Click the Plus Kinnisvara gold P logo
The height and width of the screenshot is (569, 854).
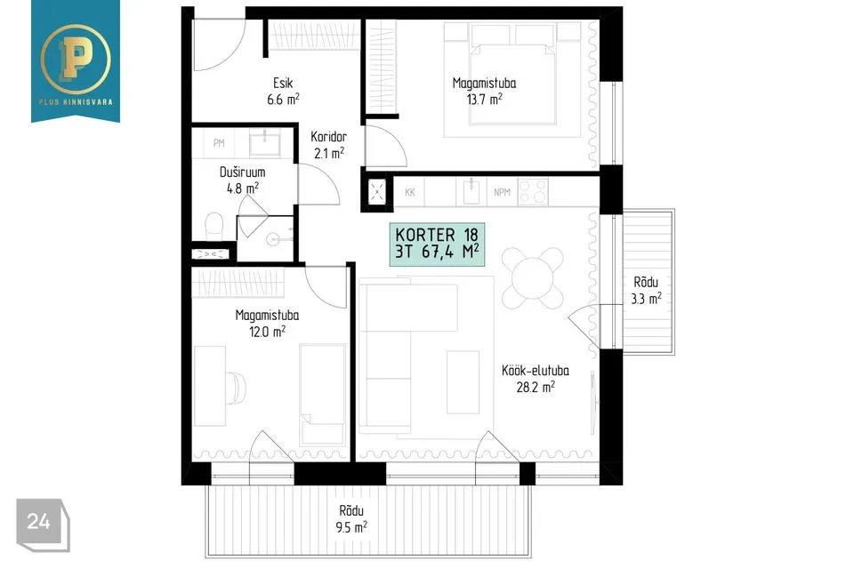[75, 58]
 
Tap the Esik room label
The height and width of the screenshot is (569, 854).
[283, 83]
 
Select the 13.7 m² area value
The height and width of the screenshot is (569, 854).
[484, 99]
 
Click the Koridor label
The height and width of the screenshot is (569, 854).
[328, 137]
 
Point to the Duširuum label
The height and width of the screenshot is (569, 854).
[242, 172]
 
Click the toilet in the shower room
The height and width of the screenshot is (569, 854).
[214, 226]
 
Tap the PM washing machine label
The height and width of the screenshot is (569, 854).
[219, 143]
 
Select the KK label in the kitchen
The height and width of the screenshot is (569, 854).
[410, 192]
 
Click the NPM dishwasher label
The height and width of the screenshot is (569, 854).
[502, 192]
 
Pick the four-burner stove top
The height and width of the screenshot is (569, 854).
[533, 192]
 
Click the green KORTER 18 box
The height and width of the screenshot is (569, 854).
[437, 244]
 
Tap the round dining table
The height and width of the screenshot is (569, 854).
[533, 278]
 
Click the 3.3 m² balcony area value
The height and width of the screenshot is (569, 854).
[647, 299]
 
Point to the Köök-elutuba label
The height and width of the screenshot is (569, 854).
[536, 371]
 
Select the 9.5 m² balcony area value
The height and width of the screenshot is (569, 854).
[351, 527]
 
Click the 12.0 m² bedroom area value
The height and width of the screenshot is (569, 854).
[267, 331]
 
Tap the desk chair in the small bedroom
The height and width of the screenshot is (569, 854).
[236, 388]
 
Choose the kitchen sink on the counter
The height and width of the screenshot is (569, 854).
[471, 192]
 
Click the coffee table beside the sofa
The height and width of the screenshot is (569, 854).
[463, 381]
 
